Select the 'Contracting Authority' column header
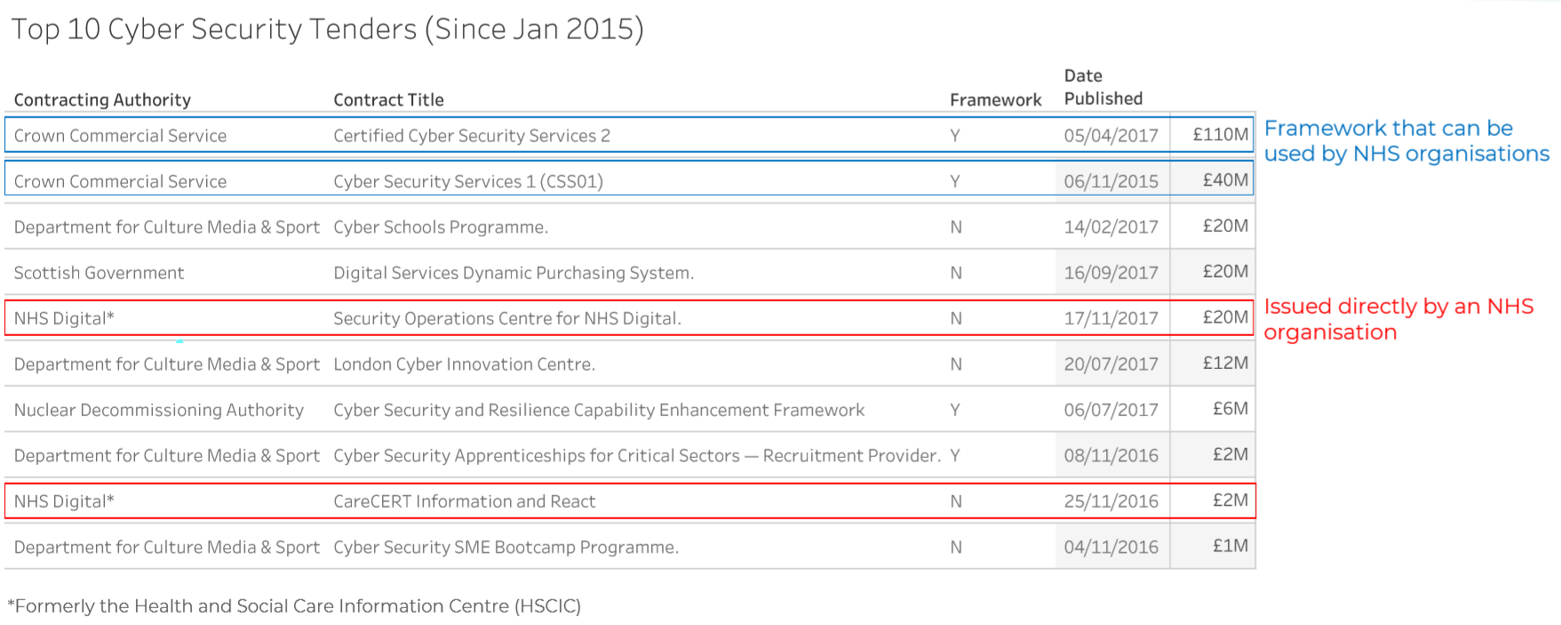click(102, 100)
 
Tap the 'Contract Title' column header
click(388, 100)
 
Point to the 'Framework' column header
click(995, 100)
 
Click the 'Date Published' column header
click(1103, 87)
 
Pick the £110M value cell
click(1220, 134)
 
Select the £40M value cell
click(1225, 180)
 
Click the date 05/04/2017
click(1111, 135)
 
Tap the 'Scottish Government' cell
click(99, 273)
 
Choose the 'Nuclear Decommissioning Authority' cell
click(158, 410)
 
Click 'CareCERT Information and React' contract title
click(464, 501)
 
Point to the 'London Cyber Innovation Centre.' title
click(464, 365)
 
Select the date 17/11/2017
click(1111, 318)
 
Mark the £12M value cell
click(1225, 363)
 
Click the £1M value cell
click(1230, 546)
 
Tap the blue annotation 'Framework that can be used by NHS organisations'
click(1406, 141)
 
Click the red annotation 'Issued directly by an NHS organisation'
click(1398, 319)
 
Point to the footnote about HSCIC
click(294, 606)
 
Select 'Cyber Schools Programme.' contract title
click(441, 228)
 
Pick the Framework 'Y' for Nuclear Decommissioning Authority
click(955, 410)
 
